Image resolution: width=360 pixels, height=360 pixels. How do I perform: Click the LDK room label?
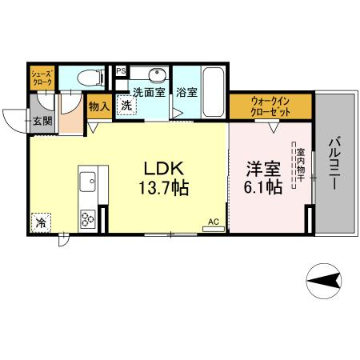(164, 169)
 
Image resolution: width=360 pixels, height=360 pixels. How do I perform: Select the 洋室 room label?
(263, 169)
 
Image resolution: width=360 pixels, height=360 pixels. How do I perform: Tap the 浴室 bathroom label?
(186, 93)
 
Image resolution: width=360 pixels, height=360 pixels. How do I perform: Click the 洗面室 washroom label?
(149, 93)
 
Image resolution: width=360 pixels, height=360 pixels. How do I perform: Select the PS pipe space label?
(121, 71)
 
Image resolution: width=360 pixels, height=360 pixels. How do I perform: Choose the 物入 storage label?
(98, 107)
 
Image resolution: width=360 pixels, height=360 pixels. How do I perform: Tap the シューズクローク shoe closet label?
(42, 78)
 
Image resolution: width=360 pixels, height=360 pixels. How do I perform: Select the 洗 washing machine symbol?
(126, 106)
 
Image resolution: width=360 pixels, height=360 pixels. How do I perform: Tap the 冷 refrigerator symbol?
(41, 222)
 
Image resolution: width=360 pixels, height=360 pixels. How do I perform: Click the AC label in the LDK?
(214, 222)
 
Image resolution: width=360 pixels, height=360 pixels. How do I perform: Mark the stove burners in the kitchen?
(87, 215)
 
